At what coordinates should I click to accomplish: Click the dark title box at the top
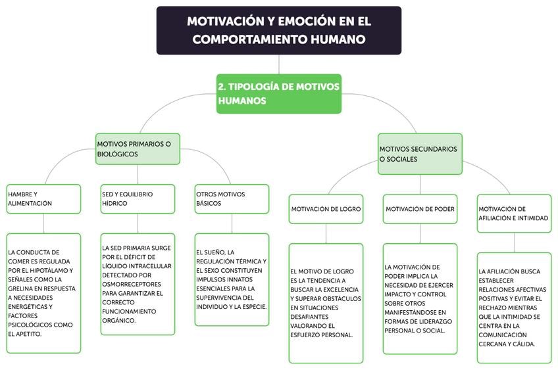coord(278,30)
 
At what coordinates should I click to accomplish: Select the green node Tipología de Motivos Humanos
coord(278,93)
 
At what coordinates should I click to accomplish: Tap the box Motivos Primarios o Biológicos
coord(137,149)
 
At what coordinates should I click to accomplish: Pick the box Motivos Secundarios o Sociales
coord(420,154)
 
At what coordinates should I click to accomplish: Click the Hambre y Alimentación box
coord(43,198)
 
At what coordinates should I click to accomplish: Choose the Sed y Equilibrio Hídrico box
coord(138,198)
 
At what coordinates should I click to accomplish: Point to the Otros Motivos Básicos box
coord(232,198)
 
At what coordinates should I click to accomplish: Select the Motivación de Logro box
coord(326,209)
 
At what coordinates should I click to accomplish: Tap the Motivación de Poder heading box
coord(420,209)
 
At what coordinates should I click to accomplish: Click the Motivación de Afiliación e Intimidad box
coord(514,214)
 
